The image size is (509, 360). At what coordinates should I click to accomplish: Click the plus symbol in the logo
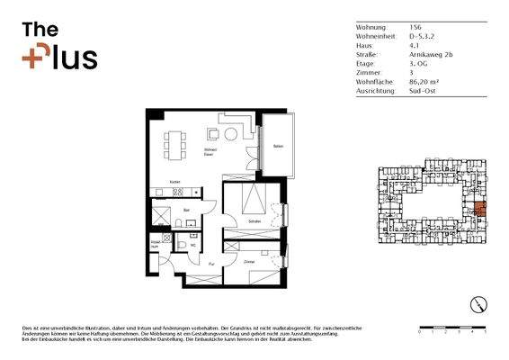[x=32, y=58]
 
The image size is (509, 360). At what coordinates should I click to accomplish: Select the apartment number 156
[x=415, y=28]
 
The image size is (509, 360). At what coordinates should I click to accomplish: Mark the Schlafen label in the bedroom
[x=255, y=220]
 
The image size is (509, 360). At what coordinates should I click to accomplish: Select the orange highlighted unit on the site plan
[x=478, y=212]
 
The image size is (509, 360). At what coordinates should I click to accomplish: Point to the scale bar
[x=452, y=327]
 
